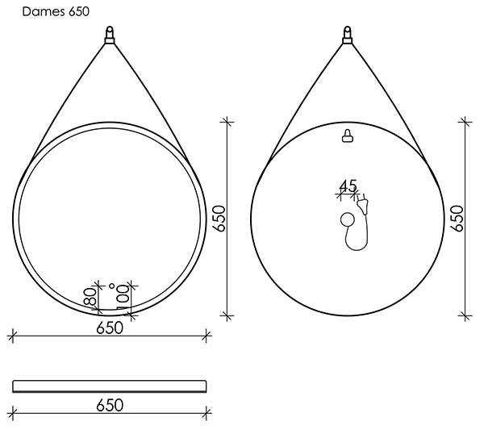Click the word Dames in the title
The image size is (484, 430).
pos(44,12)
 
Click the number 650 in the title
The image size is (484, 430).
pos(79,12)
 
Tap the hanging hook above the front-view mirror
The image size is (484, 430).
pos(110,35)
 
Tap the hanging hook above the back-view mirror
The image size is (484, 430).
pos(347,35)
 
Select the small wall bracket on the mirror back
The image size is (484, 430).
pos(348,136)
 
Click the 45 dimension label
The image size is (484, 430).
pos(348,186)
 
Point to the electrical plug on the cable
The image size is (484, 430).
pos(363,204)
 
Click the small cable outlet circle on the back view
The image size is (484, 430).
pos(348,219)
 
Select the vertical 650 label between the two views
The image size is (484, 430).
pos(219,219)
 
